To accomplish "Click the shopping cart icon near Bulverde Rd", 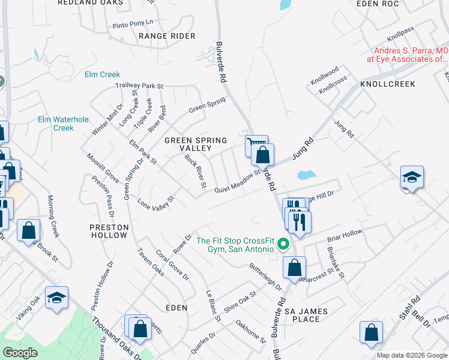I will click(x=255, y=145).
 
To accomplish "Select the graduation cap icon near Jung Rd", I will click(x=412, y=177).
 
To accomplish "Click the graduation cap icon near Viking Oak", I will click(x=56, y=298).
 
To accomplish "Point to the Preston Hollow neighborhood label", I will click(x=109, y=231).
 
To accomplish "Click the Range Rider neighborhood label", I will click(x=167, y=36).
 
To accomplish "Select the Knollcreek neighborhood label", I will click(x=387, y=84).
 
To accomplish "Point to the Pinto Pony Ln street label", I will click(x=133, y=26).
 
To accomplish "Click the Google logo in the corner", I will click(x=20, y=352).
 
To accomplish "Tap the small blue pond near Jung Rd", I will click(x=306, y=176).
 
